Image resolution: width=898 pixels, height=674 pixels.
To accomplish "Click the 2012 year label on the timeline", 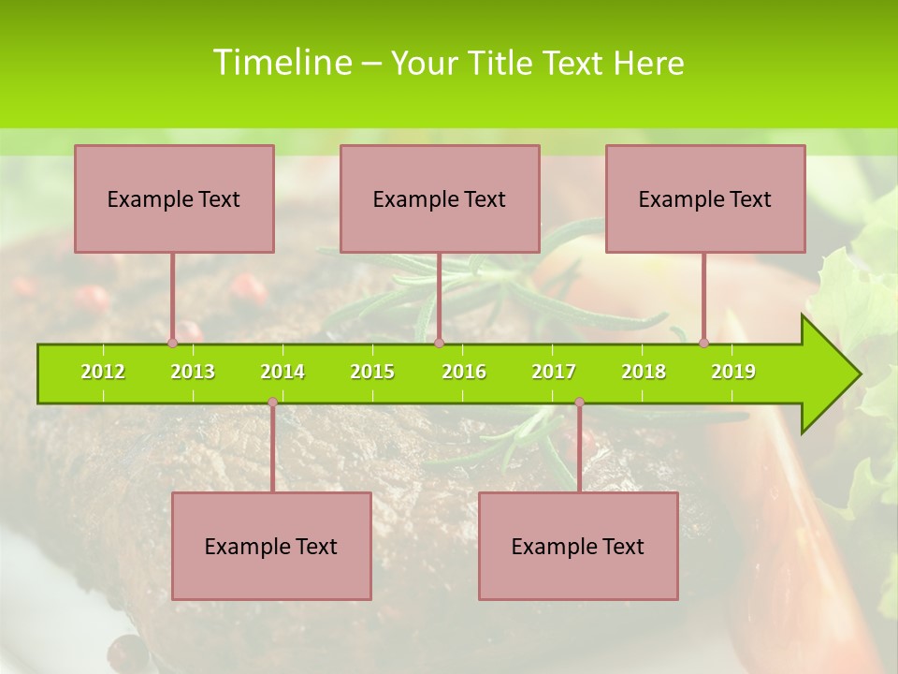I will pyautogui.click(x=103, y=373).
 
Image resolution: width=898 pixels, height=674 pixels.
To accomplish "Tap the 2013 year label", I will pyautogui.click(x=193, y=373).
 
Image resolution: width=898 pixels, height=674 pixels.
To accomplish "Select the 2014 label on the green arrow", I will pyautogui.click(x=282, y=373).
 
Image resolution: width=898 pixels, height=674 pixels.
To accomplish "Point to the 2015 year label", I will pyautogui.click(x=372, y=373).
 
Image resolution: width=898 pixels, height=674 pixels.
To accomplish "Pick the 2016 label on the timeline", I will pyautogui.click(x=464, y=373).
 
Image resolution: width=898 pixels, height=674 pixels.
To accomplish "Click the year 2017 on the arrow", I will pyautogui.click(x=554, y=373).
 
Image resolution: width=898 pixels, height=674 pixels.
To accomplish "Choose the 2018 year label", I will pyautogui.click(x=644, y=373).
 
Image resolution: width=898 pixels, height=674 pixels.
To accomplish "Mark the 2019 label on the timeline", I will pyautogui.click(x=733, y=373).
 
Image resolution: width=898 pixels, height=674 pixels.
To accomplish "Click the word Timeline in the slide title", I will pyautogui.click(x=281, y=63).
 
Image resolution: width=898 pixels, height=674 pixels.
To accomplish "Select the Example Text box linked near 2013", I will pyautogui.click(x=174, y=199).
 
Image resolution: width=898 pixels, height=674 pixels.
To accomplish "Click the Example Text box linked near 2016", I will pyautogui.click(x=440, y=199).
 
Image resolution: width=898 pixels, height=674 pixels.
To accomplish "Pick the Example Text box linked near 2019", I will pyautogui.click(x=705, y=199).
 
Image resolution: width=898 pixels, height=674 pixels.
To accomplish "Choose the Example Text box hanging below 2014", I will pyautogui.click(x=271, y=547).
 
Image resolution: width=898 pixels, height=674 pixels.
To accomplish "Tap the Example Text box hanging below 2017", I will pyautogui.click(x=578, y=547).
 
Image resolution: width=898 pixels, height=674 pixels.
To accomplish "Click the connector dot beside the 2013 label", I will pyautogui.click(x=172, y=343).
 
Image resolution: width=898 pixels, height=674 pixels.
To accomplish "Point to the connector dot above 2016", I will pyautogui.click(x=440, y=343).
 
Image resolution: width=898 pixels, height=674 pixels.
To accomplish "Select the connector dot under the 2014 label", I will pyautogui.click(x=272, y=403).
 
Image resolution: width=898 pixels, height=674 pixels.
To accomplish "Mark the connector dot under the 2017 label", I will pyautogui.click(x=579, y=403).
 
